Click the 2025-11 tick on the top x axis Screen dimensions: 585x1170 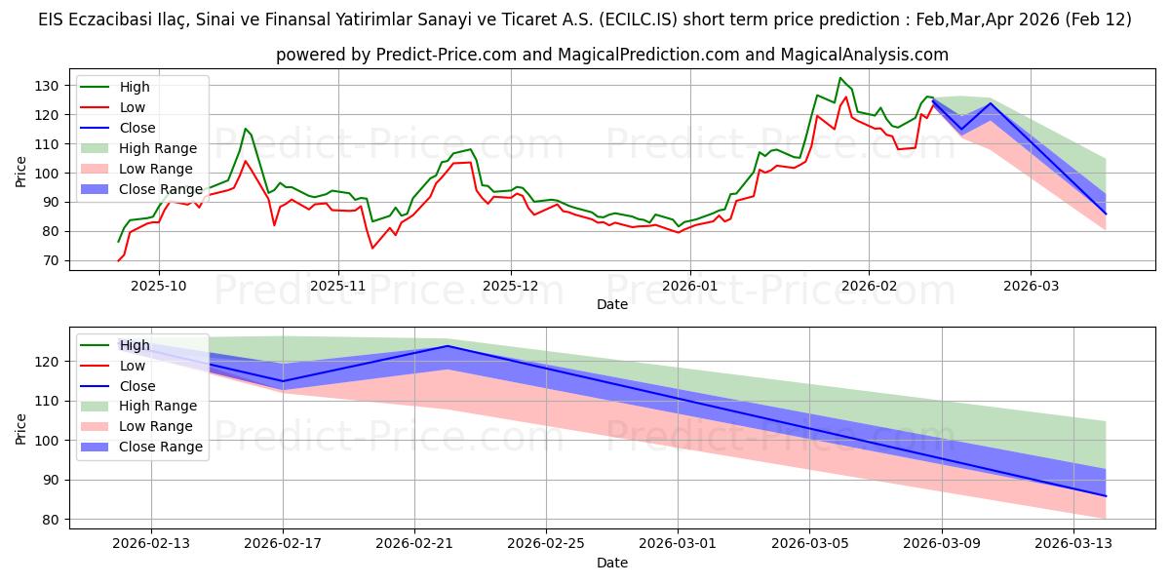tap(337, 286)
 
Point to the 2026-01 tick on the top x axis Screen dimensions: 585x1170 tap(690, 286)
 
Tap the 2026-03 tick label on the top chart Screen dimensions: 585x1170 tap(1030, 286)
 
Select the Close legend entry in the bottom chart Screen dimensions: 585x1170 tap(136, 385)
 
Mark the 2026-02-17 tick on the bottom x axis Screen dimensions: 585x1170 tap(283, 544)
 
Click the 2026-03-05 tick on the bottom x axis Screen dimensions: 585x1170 tap(810, 544)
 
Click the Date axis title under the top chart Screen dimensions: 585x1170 tap(611, 304)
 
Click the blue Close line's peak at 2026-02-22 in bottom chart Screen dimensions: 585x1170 tap(448, 346)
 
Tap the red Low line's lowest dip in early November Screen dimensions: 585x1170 tap(371, 248)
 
